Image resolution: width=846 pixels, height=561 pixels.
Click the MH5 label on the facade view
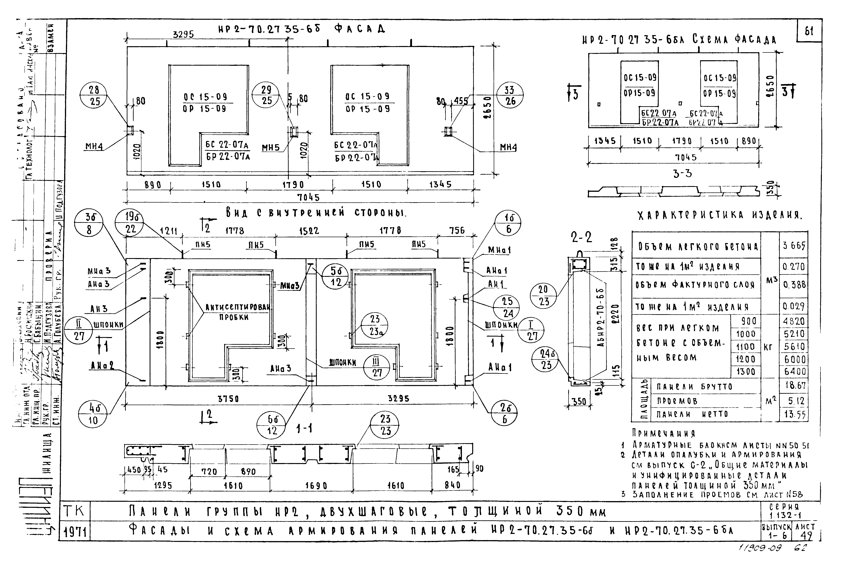(x=271, y=147)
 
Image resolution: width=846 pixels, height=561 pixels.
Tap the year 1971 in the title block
(x=75, y=533)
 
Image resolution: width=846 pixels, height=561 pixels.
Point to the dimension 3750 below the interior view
(x=228, y=399)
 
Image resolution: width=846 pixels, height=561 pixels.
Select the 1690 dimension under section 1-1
(x=316, y=485)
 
